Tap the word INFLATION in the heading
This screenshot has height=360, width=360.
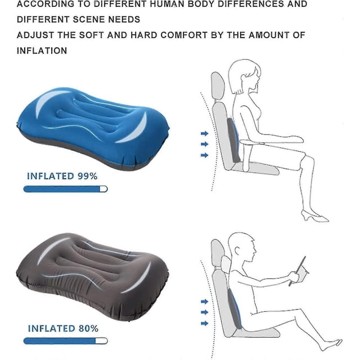(42, 51)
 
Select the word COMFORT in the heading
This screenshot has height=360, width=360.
(184, 35)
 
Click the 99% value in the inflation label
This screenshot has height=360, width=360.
(87, 176)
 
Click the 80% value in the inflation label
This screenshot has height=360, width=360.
(88, 328)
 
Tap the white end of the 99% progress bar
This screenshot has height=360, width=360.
(103, 189)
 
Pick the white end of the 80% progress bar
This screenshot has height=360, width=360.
(101, 341)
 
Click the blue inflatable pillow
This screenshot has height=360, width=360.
(93, 128)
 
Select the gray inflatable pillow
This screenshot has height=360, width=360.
(92, 277)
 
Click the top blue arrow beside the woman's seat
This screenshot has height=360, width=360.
(204, 133)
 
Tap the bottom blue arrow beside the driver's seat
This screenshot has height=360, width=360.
(204, 323)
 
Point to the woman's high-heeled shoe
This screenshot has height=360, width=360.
(315, 216)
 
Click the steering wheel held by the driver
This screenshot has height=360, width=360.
(298, 271)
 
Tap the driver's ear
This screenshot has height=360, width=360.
(237, 250)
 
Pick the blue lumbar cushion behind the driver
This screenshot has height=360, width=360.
(235, 309)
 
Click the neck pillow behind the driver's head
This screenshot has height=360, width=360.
(226, 264)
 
